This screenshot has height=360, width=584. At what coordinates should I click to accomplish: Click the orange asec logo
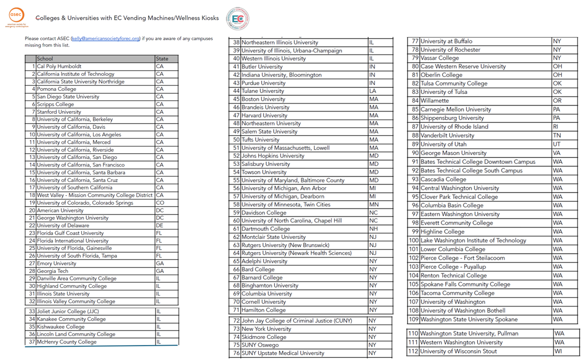pyautogui.click(x=15, y=17)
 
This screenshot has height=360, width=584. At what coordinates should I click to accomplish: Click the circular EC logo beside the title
pyautogui.click(x=237, y=18)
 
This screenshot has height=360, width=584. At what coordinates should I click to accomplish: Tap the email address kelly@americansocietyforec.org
pyautogui.click(x=105, y=38)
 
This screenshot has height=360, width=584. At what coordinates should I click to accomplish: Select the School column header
pyautogui.click(x=95, y=58)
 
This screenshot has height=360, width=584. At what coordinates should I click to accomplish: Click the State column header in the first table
pyautogui.click(x=166, y=58)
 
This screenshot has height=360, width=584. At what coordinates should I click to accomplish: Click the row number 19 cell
pyautogui.click(x=30, y=203)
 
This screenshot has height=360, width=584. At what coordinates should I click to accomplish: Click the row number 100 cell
pyautogui.click(x=413, y=240)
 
